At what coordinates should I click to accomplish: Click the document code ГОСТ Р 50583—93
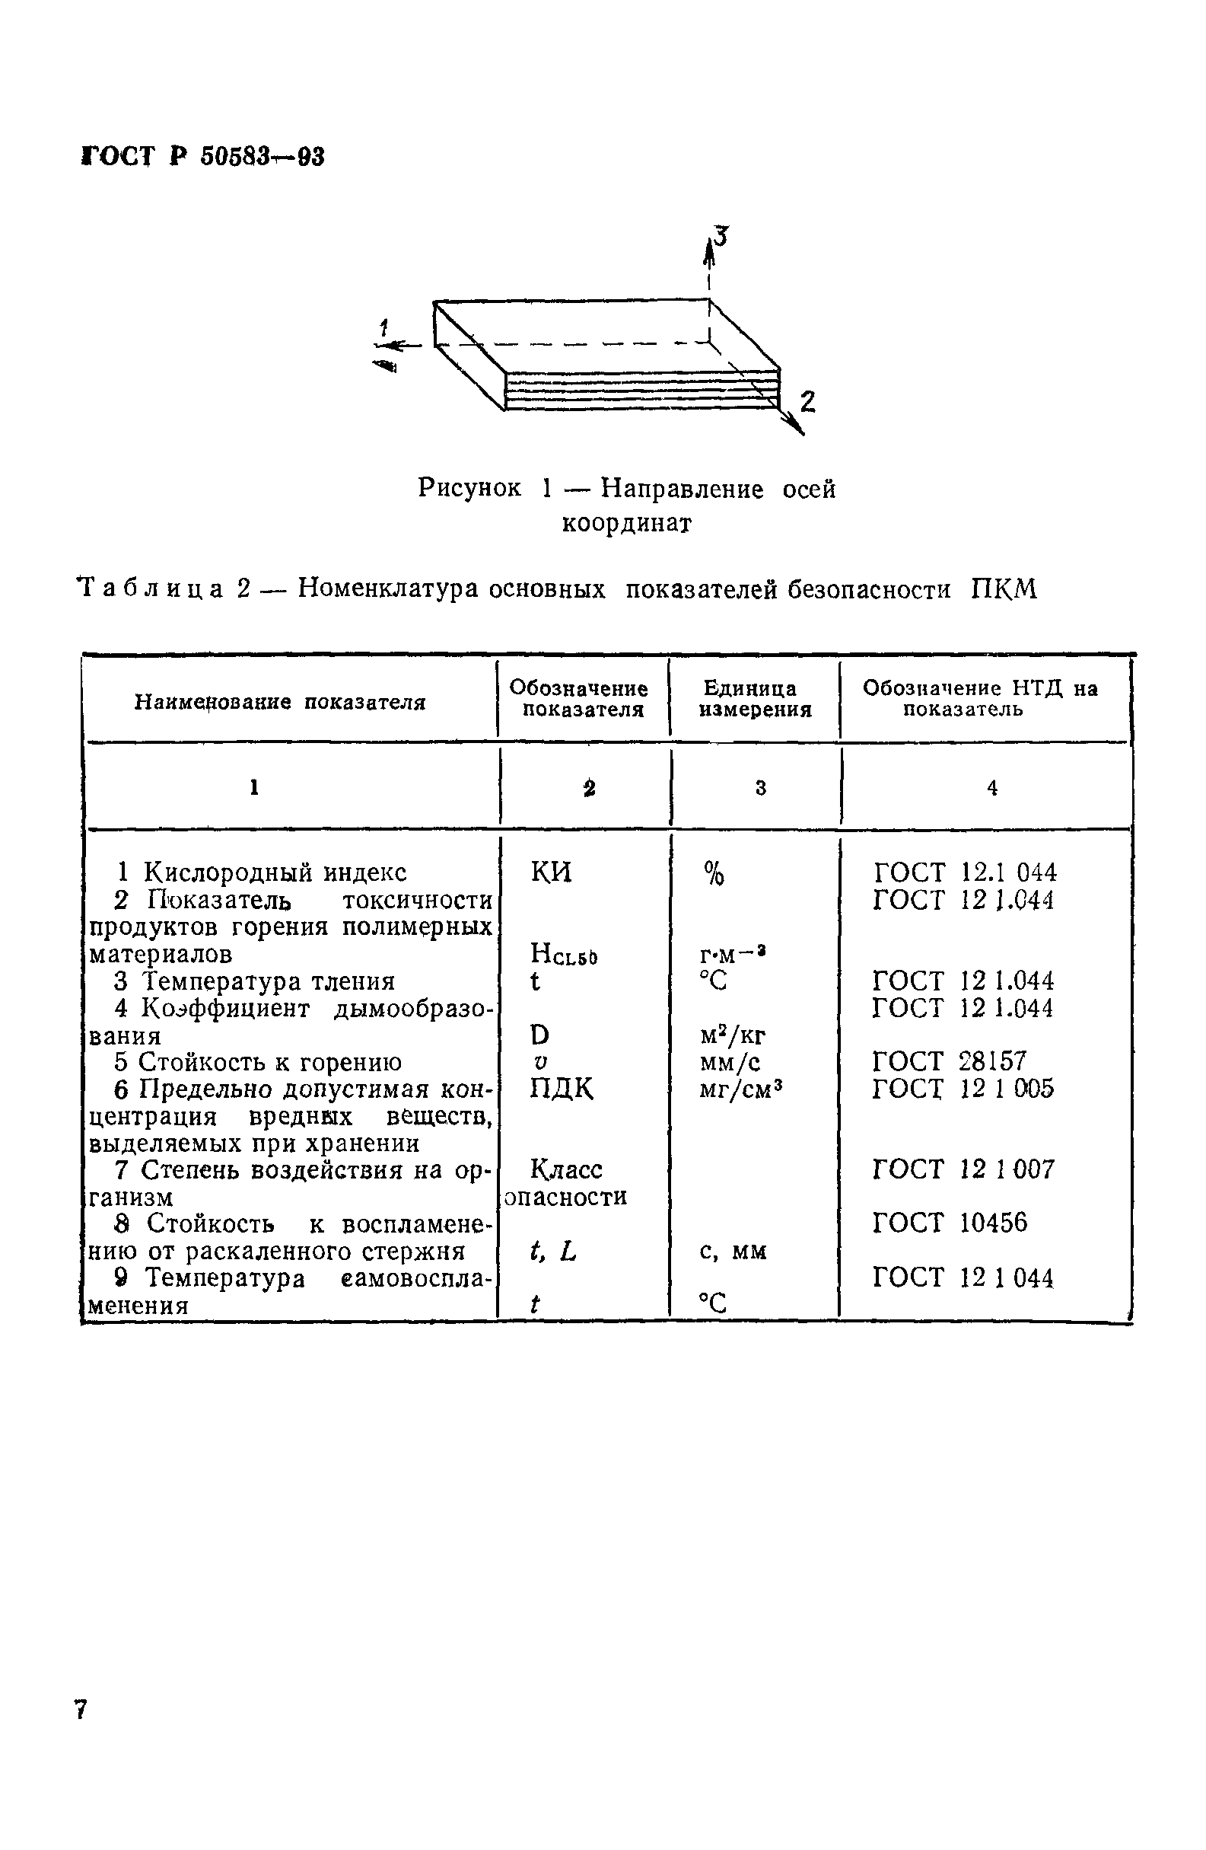(203, 156)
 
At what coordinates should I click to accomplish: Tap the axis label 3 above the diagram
(722, 235)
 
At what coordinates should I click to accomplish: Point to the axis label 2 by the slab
(807, 401)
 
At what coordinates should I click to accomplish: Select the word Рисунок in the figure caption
(469, 488)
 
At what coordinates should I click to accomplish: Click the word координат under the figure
(626, 523)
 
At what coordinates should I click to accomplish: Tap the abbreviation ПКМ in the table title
(1003, 590)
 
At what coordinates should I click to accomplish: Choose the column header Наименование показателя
(280, 703)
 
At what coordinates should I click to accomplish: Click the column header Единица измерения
(755, 698)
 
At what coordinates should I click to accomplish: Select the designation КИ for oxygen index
(551, 872)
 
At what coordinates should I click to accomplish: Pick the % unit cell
(714, 875)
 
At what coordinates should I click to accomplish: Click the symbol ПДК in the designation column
(561, 1089)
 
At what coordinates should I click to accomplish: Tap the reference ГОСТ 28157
(949, 1061)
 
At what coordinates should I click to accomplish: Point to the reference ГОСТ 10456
(949, 1223)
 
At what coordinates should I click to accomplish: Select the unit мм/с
(730, 1062)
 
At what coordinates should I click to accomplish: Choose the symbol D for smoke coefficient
(539, 1035)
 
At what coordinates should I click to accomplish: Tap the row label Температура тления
(268, 981)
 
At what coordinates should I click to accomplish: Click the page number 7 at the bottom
(81, 1709)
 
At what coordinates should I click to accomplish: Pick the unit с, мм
(733, 1251)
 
